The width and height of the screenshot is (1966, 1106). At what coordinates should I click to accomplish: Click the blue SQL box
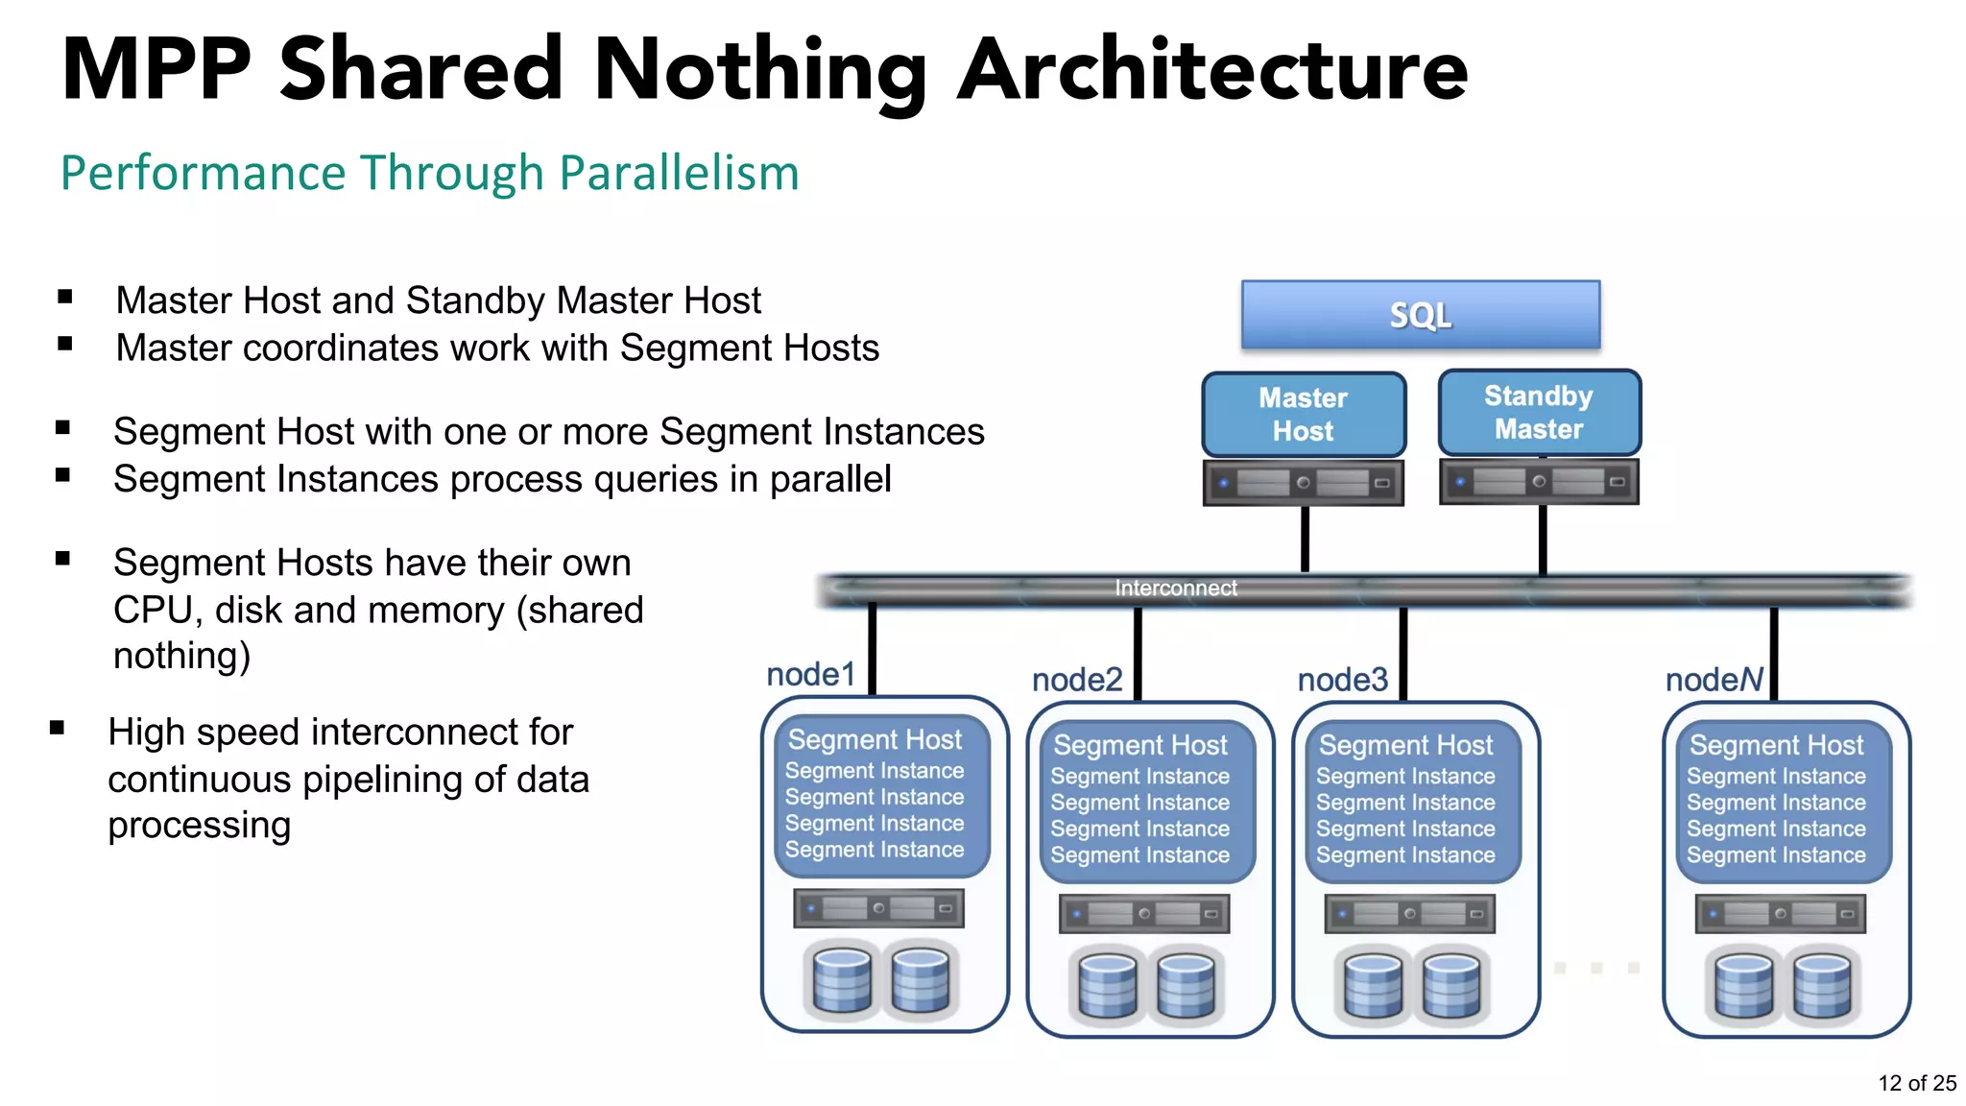1421,315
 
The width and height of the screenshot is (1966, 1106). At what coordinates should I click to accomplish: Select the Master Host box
1303,414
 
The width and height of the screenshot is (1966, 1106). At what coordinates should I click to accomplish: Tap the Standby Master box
1539,412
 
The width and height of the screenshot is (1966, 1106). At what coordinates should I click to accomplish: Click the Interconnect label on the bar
1176,589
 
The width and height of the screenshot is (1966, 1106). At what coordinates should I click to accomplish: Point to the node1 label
810,674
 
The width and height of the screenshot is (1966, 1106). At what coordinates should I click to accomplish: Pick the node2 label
1077,680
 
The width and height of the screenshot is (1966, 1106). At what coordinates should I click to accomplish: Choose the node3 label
1342,680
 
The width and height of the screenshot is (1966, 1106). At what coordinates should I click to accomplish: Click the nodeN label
1714,680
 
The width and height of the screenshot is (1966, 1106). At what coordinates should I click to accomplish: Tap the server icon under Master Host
1303,483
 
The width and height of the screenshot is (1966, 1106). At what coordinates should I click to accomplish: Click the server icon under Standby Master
1539,482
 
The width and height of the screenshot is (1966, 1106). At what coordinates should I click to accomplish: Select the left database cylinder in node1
842,980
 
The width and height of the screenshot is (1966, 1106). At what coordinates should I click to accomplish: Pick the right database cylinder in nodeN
1821,985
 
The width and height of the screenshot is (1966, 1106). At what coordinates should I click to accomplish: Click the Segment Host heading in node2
1140,745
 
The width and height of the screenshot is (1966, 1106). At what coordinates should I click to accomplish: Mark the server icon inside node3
1409,914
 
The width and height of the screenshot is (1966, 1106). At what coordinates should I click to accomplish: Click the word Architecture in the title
1213,69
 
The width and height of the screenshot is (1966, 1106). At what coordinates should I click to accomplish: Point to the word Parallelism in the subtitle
679,174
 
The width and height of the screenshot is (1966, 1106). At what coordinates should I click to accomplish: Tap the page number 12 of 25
1916,1083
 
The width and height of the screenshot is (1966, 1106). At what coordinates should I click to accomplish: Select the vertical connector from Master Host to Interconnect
1305,540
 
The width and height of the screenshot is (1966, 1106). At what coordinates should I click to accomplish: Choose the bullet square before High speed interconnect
58,729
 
